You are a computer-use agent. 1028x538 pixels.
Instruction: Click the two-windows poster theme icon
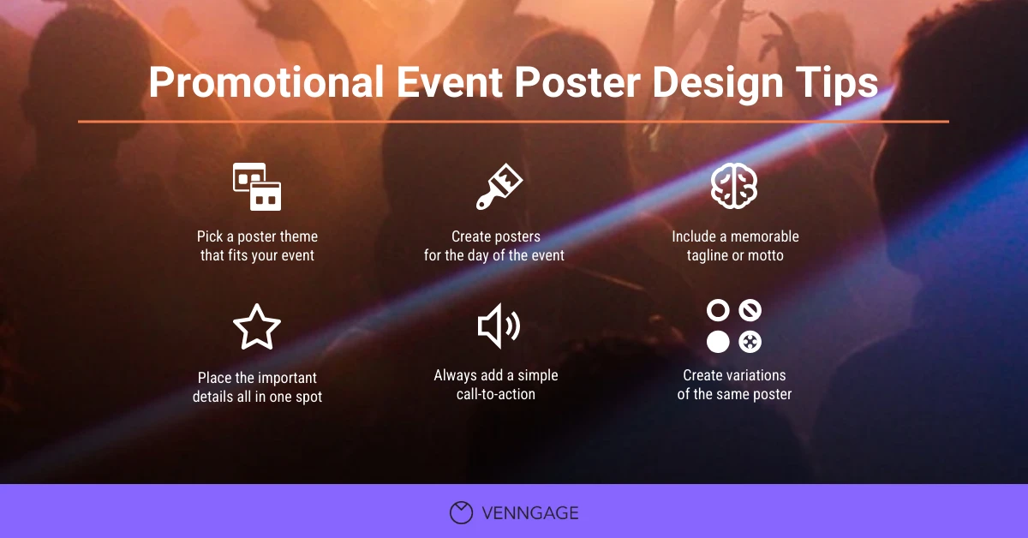pos(257,187)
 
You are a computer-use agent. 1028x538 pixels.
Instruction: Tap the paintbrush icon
pos(499,188)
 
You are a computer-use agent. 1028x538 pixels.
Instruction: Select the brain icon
pos(734,187)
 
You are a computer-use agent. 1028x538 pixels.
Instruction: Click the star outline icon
pos(257,327)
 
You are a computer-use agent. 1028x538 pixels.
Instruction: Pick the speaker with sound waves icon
pos(498,327)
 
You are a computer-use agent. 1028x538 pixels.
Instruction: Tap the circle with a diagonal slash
pos(750,311)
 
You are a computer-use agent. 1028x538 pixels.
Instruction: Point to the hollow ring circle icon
pos(718,311)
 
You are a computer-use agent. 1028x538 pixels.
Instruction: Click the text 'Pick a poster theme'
pos(257,236)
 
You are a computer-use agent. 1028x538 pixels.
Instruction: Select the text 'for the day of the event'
pos(494,255)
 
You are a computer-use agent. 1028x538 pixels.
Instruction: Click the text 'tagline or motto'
pos(735,255)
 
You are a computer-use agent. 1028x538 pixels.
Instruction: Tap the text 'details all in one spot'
pos(257,397)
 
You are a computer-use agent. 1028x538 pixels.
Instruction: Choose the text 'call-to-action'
pos(495,394)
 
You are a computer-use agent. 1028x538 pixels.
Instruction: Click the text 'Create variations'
pos(734,375)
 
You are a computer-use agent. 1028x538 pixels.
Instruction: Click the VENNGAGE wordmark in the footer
pos(529,513)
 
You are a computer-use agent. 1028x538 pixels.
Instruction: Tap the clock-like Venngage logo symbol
pos(461,512)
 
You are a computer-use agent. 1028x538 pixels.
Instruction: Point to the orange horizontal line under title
pos(514,122)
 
